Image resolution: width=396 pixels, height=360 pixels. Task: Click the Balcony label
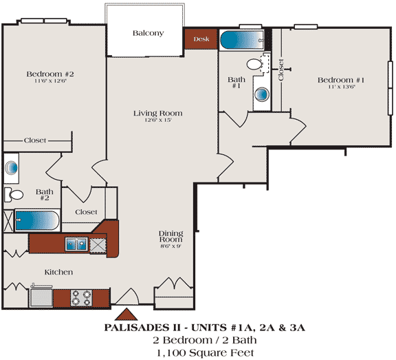148,33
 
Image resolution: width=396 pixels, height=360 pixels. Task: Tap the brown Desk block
201,39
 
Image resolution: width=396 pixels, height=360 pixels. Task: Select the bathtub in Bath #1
242,41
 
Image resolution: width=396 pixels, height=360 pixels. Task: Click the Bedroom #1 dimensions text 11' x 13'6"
342,87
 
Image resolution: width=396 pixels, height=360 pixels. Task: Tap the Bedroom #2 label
50,74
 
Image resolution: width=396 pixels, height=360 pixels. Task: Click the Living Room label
158,114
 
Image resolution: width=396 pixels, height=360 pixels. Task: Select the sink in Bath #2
12,167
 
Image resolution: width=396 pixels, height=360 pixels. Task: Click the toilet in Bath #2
14,195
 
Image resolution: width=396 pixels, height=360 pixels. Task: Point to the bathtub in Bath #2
37,220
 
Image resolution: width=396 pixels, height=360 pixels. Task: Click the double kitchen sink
76,244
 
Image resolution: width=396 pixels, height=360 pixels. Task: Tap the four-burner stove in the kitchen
81,298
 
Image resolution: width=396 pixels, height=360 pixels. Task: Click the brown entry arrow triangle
126,314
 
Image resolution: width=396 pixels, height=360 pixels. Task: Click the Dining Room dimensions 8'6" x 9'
171,246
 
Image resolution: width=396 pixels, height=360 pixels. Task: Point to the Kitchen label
58,273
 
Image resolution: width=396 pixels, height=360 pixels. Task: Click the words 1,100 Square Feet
205,353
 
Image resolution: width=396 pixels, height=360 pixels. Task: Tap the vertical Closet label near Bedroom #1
280,70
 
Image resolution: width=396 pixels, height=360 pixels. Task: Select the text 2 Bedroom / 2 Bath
205,340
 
